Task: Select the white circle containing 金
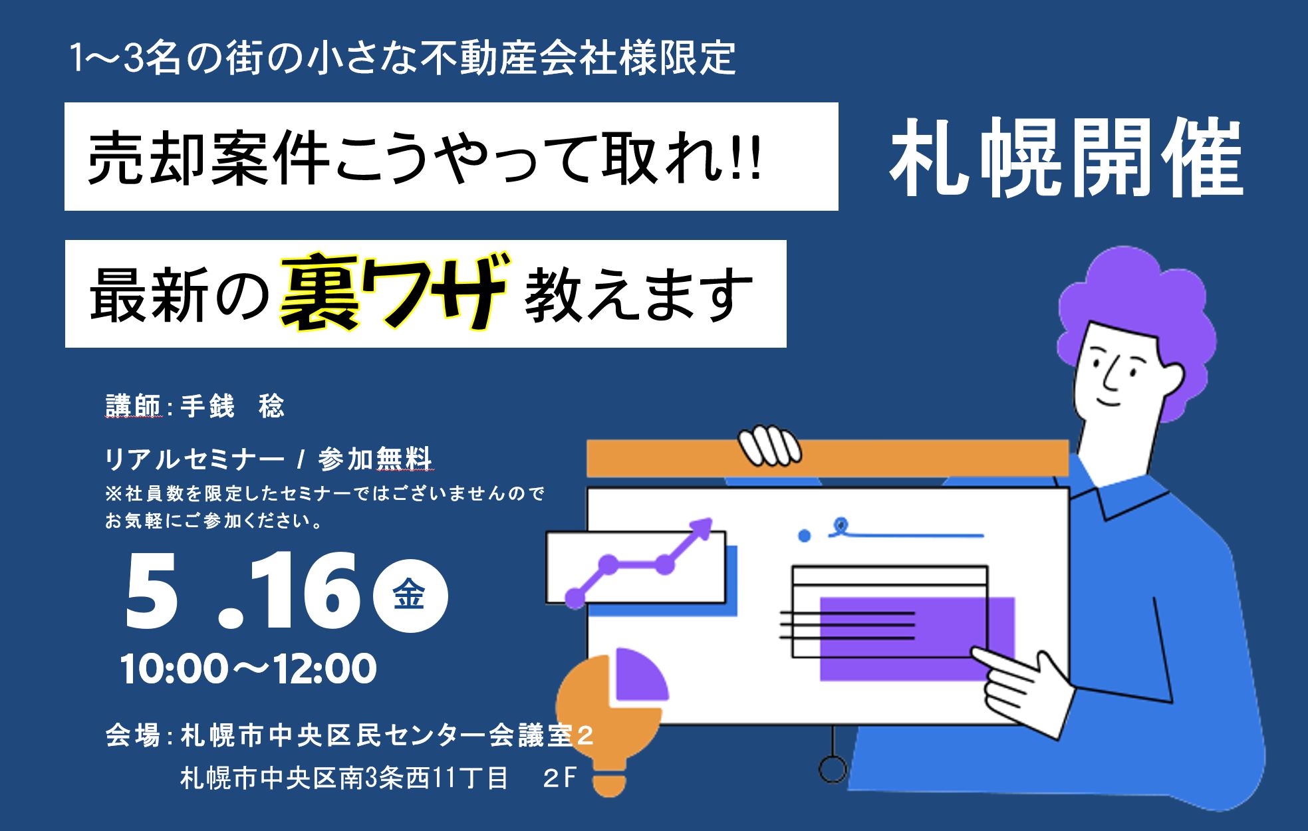[410, 596]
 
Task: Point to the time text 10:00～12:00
[248, 669]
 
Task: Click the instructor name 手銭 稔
[232, 406]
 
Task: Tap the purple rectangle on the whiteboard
[917, 638]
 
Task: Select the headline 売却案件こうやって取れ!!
[424, 158]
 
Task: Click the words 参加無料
[376, 459]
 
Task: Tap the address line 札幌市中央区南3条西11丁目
[344, 778]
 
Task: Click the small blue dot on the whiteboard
[805, 535]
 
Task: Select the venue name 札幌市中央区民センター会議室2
[386, 737]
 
